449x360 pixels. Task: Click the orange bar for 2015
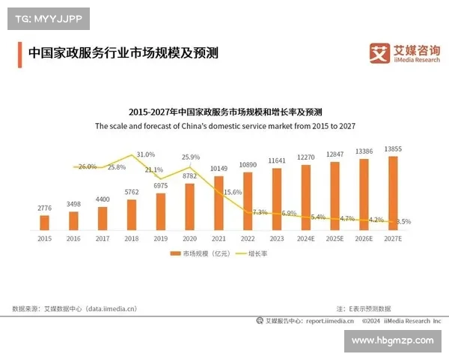(x=44, y=222)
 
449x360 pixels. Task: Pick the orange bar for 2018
(x=132, y=214)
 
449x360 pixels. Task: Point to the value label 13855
(x=394, y=148)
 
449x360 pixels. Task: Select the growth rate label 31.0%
(x=146, y=154)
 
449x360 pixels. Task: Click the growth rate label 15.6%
(x=233, y=192)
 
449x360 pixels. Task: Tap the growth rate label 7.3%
(x=260, y=212)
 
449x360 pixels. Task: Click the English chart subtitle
(x=224, y=127)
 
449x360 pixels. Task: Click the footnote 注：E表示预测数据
(x=364, y=307)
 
